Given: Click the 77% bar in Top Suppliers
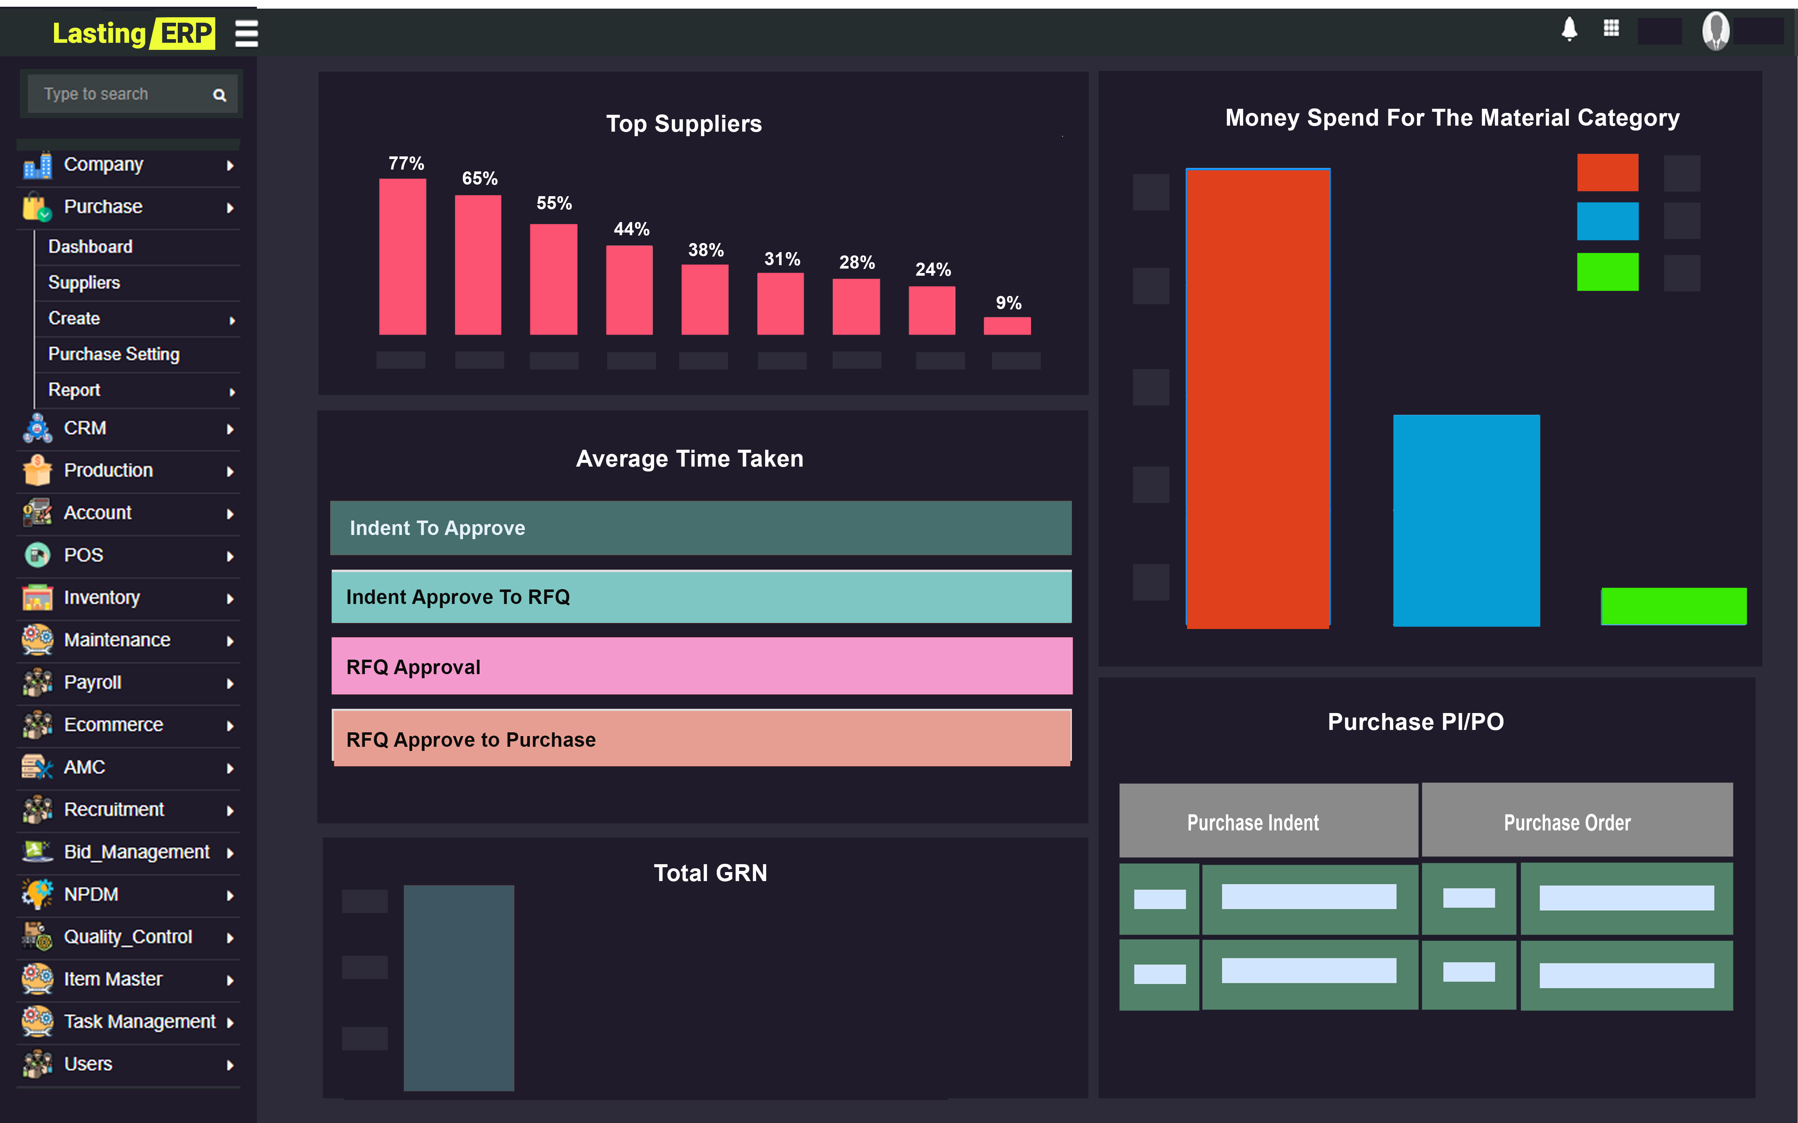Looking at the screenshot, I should pyautogui.click(x=402, y=256).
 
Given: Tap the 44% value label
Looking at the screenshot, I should pyautogui.click(x=631, y=229).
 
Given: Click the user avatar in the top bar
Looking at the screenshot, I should pyautogui.click(x=1715, y=31).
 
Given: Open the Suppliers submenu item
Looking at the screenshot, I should pyautogui.click(x=84, y=282).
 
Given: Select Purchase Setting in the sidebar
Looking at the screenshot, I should pyautogui.click(x=114, y=354).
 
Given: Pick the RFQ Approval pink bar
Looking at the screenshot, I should pyautogui.click(x=701, y=666).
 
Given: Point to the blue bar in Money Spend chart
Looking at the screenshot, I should pyautogui.click(x=1466, y=520).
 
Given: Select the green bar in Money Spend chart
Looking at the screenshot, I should pyautogui.click(x=1673, y=606).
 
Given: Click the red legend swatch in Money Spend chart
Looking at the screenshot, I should pyautogui.click(x=1607, y=172).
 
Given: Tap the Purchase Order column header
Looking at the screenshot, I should pyautogui.click(x=1567, y=822).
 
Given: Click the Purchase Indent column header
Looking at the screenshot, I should pyautogui.click(x=1253, y=822).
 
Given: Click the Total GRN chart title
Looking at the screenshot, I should pyautogui.click(x=710, y=873).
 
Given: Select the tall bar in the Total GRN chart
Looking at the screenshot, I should pyautogui.click(x=458, y=988).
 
